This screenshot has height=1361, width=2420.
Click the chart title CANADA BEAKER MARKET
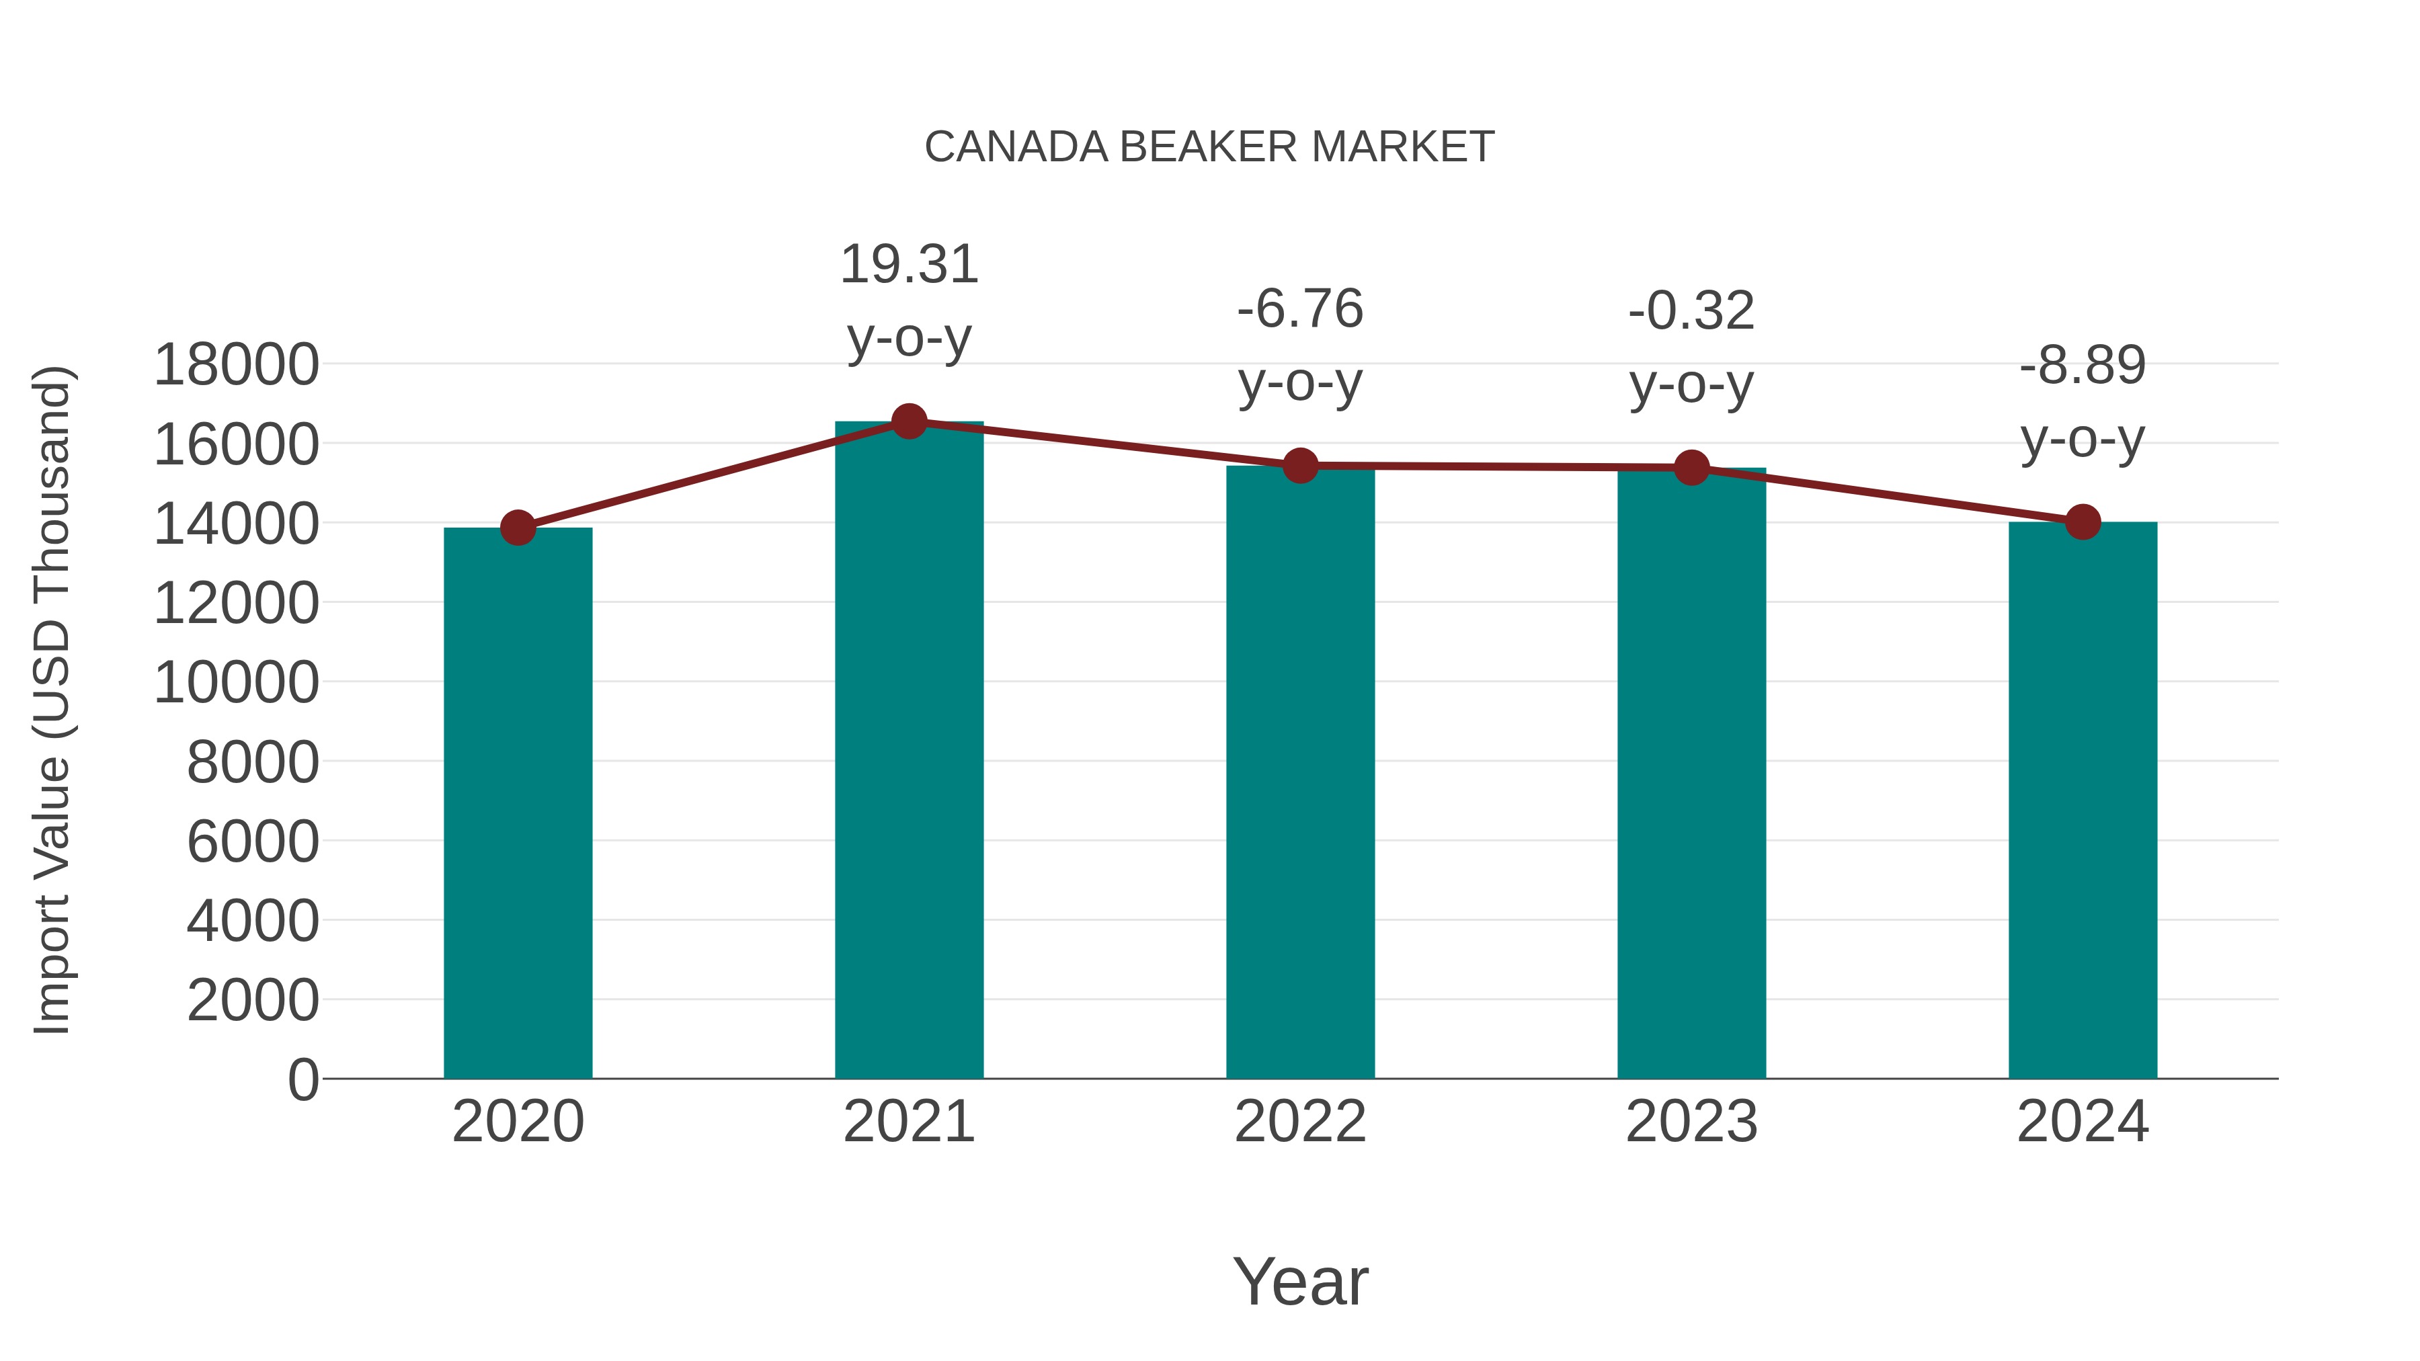click(x=1209, y=147)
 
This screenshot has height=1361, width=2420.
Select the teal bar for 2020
click(x=518, y=803)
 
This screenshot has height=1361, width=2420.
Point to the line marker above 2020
click(x=518, y=528)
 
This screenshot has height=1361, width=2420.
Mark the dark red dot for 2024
click(x=2083, y=522)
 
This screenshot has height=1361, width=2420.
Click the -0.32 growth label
click(x=1691, y=312)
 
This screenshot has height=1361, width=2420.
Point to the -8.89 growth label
click(x=2083, y=366)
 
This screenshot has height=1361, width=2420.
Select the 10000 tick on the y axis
click(x=236, y=682)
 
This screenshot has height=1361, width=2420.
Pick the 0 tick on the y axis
click(x=302, y=1079)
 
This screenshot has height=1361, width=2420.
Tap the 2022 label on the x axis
click(x=1300, y=1122)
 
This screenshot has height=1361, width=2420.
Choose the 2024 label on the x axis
click(x=2083, y=1122)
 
